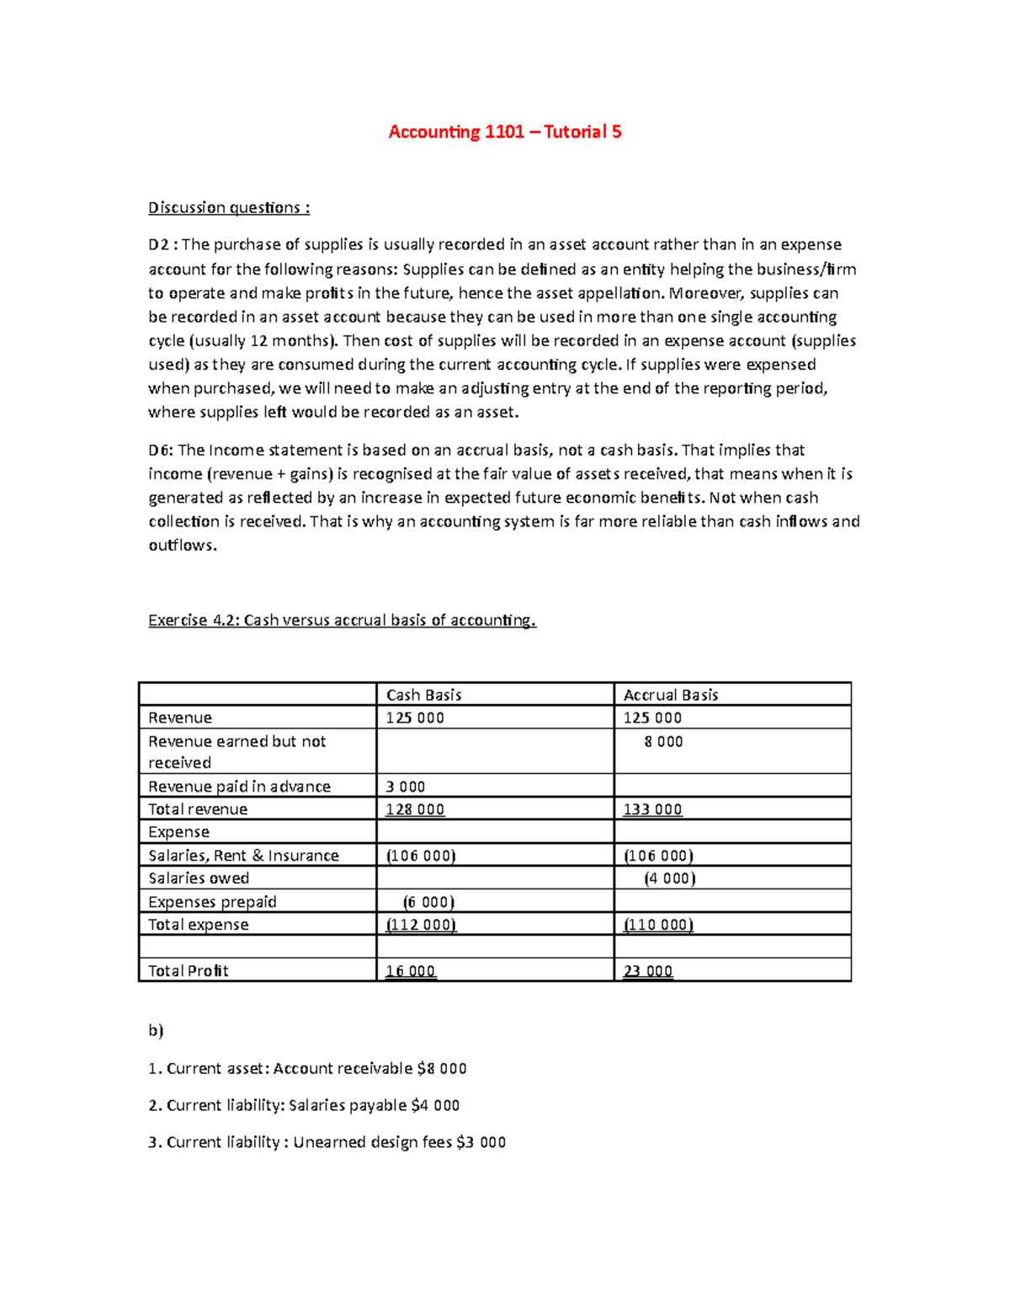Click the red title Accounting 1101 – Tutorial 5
(504, 131)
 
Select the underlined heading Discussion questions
(229, 208)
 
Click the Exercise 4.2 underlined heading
(342, 621)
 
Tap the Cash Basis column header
(423, 695)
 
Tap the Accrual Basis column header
(670, 695)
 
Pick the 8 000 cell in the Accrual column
(663, 742)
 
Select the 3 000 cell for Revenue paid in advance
(406, 787)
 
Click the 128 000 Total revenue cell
(415, 809)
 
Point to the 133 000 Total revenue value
(652, 809)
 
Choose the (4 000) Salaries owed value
(669, 878)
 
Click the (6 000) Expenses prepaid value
(428, 902)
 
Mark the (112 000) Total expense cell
(421, 925)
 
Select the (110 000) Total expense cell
(658, 925)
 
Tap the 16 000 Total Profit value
(410, 971)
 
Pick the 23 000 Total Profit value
(647, 971)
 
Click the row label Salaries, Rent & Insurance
(243, 856)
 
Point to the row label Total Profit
(189, 971)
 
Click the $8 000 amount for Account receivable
(442, 1069)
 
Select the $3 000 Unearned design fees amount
(481, 1143)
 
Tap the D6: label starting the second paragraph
(161, 451)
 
